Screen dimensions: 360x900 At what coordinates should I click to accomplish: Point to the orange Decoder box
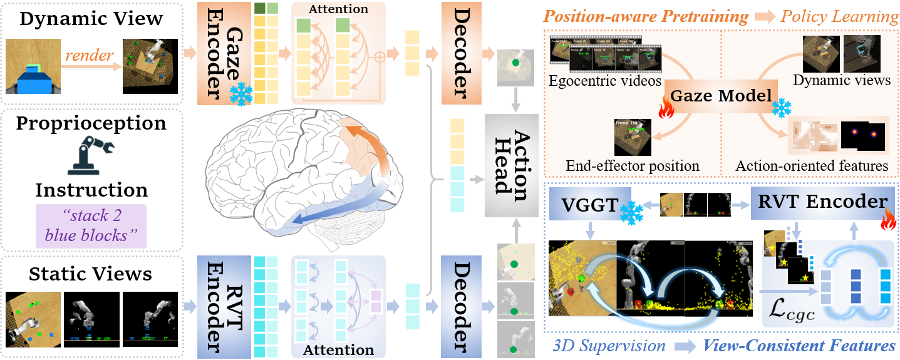point(461,53)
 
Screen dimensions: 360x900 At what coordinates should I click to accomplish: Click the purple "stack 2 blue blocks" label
point(91,226)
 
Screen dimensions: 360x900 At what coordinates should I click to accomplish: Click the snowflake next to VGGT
point(631,213)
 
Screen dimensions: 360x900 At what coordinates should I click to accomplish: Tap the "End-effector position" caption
point(633,166)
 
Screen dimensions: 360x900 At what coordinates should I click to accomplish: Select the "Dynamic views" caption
point(841,80)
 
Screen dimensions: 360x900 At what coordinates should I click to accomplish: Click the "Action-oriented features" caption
point(812,166)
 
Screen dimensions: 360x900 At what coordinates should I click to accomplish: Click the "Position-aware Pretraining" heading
point(646,16)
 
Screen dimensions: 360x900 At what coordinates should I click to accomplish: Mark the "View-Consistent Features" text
point(799,346)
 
